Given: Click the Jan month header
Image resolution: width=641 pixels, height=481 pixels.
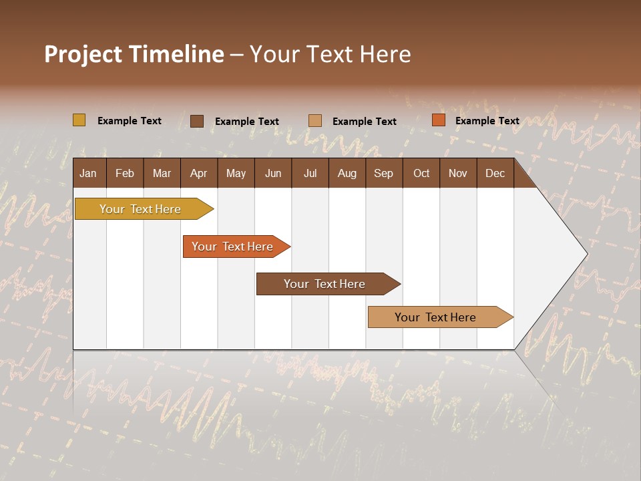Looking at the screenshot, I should click(x=89, y=173).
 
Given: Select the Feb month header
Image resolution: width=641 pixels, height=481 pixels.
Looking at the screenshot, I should click(x=125, y=173).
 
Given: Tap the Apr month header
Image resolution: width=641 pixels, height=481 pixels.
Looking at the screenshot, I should click(x=199, y=173).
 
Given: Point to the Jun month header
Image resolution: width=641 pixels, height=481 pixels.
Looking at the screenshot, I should click(x=273, y=173).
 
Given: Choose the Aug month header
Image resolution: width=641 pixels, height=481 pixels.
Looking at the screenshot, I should click(x=347, y=173).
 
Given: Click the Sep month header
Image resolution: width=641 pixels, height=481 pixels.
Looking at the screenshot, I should click(x=384, y=173).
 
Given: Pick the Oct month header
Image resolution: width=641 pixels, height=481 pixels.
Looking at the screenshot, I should click(x=421, y=173).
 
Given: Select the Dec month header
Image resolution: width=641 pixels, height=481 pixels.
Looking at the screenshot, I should click(x=495, y=173).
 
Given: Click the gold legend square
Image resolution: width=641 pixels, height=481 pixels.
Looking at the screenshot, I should click(x=79, y=120).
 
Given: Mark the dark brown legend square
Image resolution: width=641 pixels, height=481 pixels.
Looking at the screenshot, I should click(x=197, y=121).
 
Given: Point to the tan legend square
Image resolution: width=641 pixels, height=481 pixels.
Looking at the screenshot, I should click(x=315, y=121).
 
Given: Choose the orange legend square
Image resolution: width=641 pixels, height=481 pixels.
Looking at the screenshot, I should click(x=438, y=120).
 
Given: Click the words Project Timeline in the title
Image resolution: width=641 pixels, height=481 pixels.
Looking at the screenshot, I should click(x=134, y=54).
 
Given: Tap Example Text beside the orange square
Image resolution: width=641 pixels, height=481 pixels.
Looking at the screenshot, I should click(x=487, y=121).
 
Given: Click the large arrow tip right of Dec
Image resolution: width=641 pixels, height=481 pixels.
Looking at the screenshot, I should click(x=561, y=254).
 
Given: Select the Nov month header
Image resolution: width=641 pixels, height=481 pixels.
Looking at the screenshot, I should click(x=458, y=173).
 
